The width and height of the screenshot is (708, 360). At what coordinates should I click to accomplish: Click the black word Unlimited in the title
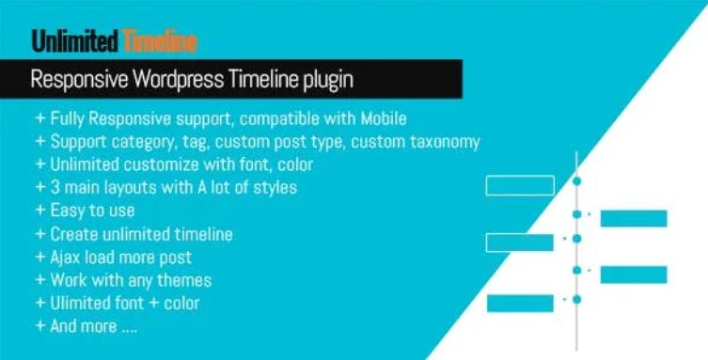(75, 40)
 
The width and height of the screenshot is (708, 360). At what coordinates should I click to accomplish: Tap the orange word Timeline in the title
(159, 40)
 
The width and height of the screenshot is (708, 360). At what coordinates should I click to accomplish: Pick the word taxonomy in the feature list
(445, 142)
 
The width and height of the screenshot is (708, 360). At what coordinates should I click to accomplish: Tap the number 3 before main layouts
(55, 187)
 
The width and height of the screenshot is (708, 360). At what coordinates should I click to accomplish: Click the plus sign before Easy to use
(39, 211)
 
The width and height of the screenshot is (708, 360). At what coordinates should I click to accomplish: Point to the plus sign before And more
(39, 326)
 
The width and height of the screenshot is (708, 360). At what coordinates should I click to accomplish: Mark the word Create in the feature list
(73, 234)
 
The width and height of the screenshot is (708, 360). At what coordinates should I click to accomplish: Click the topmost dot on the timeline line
(576, 180)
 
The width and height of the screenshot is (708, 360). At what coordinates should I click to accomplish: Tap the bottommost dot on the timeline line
(576, 300)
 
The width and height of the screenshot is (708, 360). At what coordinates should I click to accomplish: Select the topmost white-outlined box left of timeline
(519, 185)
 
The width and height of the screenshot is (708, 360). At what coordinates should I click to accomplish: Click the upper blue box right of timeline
(633, 219)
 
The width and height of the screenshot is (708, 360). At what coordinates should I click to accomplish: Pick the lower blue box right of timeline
(633, 274)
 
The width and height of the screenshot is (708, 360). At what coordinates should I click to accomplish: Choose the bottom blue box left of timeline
(519, 303)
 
